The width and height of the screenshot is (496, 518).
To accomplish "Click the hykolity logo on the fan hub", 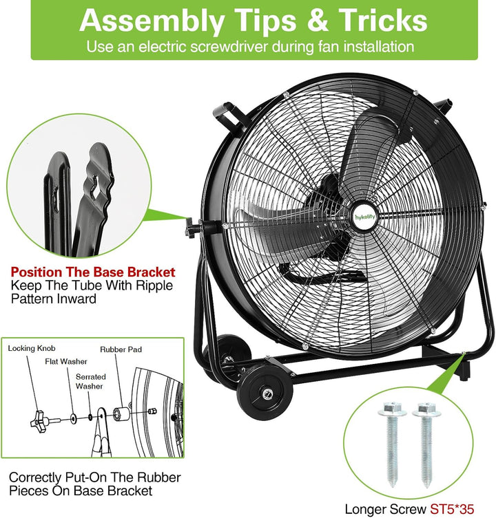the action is [x=364, y=217].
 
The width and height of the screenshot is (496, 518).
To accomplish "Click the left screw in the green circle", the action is [x=393, y=444].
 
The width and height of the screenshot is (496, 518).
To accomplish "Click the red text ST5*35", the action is [x=452, y=509].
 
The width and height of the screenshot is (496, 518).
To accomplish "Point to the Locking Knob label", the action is [x=32, y=348].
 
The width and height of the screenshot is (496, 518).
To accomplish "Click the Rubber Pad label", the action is [x=121, y=349].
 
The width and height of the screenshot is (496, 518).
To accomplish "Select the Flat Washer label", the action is [x=66, y=361].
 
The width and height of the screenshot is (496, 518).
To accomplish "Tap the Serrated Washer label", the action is [x=90, y=381].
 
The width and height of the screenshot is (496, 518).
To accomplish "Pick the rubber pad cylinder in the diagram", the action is [x=121, y=414].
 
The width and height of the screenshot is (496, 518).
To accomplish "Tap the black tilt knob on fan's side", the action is [x=191, y=226].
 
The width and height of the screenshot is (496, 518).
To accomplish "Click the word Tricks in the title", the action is [x=383, y=21].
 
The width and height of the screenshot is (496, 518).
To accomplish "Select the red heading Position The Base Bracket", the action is [x=93, y=272].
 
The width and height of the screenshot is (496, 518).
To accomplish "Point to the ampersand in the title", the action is [x=318, y=21].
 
